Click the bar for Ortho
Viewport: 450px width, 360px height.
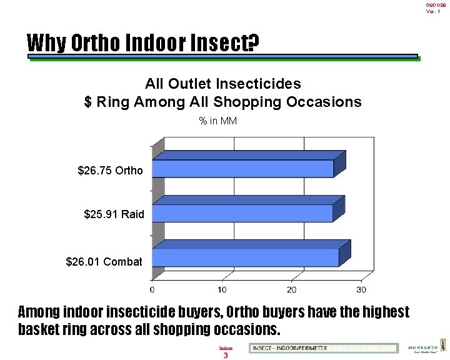244,169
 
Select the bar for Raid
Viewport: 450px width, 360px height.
244,213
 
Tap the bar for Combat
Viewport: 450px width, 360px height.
246,257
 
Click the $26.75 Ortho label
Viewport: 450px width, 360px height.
110,171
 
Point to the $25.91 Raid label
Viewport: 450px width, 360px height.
114,214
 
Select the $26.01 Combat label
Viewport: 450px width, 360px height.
104,262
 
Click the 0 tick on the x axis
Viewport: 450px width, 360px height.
152,289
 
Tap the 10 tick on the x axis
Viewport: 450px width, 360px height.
222,289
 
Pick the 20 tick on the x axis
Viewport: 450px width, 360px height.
291,289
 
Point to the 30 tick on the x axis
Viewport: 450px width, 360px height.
361,289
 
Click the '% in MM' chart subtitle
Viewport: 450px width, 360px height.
217,121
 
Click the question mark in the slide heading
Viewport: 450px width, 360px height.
253,43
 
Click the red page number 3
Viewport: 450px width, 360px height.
226,356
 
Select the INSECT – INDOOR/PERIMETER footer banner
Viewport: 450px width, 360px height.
323,348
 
